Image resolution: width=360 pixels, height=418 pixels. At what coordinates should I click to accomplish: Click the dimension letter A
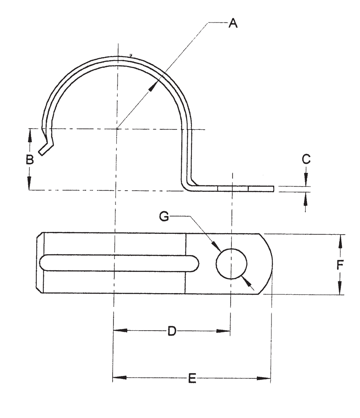click(x=233, y=23)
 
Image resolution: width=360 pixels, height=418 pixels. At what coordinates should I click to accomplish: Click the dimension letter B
click(x=29, y=160)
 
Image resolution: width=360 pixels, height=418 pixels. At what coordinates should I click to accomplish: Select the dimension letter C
click(x=306, y=159)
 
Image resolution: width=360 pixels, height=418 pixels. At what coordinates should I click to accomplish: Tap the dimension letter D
click(x=172, y=331)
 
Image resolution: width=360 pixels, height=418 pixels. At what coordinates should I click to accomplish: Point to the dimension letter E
click(x=192, y=379)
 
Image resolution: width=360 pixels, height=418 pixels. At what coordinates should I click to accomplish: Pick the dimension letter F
click(x=340, y=265)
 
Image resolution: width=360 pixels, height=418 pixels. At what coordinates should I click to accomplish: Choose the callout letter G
click(x=164, y=216)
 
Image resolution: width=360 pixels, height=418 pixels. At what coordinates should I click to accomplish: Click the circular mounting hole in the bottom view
click(x=231, y=264)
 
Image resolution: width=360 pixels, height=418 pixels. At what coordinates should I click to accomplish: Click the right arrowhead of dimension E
click(x=266, y=378)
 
